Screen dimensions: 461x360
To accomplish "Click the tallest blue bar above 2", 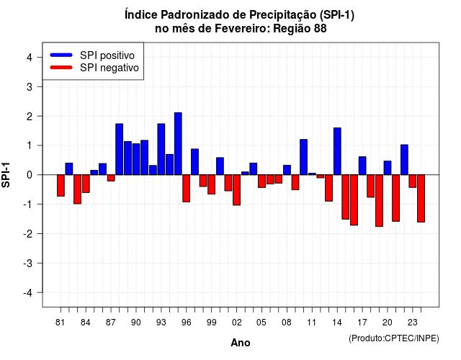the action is (x=178, y=144).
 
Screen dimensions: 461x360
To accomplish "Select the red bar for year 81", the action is (x=61, y=186).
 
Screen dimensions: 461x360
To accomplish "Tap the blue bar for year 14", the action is (x=337, y=151).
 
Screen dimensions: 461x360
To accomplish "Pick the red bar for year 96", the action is (x=186, y=189).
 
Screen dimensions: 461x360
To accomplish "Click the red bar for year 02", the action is (x=236, y=190).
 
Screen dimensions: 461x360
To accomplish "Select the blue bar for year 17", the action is (x=362, y=166).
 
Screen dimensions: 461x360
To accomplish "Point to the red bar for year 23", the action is (x=413, y=181).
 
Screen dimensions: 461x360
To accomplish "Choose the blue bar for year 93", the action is (x=161, y=149).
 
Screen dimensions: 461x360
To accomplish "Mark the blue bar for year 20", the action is (x=388, y=168).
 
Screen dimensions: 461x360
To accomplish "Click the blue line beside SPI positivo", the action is (x=61, y=55).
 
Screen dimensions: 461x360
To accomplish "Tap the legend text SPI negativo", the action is (x=109, y=68).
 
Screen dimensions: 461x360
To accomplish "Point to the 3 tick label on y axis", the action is (x=30, y=86).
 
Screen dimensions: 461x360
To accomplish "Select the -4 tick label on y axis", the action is (x=29, y=293).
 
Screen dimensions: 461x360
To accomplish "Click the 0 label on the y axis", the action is (x=30, y=175).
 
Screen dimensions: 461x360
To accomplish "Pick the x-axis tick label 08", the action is (x=287, y=323).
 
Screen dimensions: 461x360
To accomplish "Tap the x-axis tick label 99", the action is (x=211, y=323).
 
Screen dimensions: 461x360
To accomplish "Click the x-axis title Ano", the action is (x=241, y=343).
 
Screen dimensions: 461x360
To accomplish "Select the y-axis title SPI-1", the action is (x=6, y=175).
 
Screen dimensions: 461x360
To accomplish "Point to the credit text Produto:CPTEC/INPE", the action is (x=394, y=338).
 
